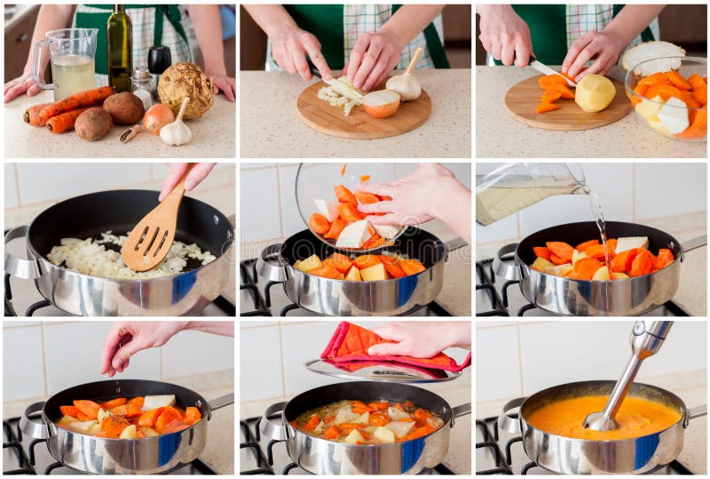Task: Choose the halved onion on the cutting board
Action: click(381, 103)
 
